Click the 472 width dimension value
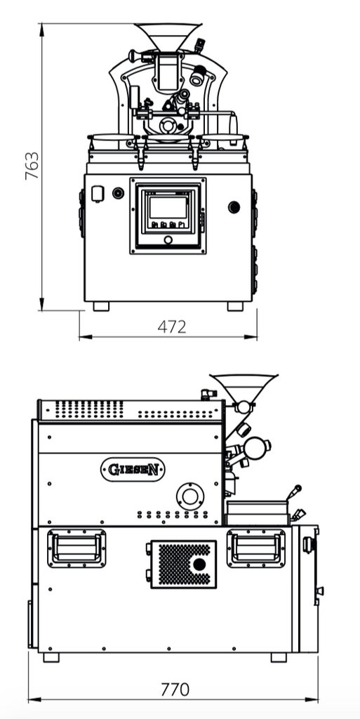[x=172, y=327]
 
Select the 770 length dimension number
[x=174, y=690]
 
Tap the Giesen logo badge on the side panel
[x=134, y=468]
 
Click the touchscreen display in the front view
[x=168, y=208]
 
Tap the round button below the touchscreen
[x=168, y=241]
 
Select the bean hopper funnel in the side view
[x=244, y=386]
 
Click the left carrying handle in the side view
[x=76, y=548]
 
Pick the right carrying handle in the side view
[x=255, y=548]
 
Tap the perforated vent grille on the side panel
[x=184, y=564]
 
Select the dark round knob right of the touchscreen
[x=234, y=206]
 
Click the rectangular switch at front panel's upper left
[x=99, y=192]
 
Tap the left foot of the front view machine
[x=101, y=306]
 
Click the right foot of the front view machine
[x=235, y=306]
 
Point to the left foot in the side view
[x=51, y=657]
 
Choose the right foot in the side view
[x=279, y=657]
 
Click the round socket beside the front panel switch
[x=118, y=192]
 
